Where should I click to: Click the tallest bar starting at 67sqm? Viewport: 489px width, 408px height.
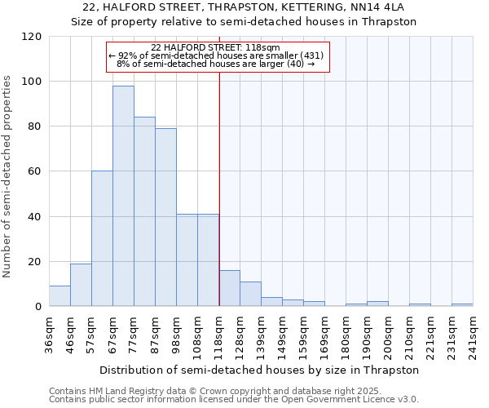coord(123,196)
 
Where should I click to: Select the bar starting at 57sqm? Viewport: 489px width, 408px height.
coord(102,238)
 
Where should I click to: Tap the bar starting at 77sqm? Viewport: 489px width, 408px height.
coord(144,211)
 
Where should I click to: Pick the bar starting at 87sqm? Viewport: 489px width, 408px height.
coord(165,217)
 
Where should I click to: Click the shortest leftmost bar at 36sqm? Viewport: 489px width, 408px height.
coord(59,296)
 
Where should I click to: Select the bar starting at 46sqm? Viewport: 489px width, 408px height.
coord(81,285)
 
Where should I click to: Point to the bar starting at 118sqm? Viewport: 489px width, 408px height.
coord(229,289)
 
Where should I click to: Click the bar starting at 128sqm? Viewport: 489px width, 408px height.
coord(250,295)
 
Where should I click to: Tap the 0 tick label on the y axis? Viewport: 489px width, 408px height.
coord(37,307)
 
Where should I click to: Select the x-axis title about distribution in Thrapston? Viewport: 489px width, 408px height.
coord(261,370)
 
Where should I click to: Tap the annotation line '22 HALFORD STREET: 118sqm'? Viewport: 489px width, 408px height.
coord(216,48)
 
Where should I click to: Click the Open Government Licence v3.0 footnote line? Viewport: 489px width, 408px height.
coord(234,400)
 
